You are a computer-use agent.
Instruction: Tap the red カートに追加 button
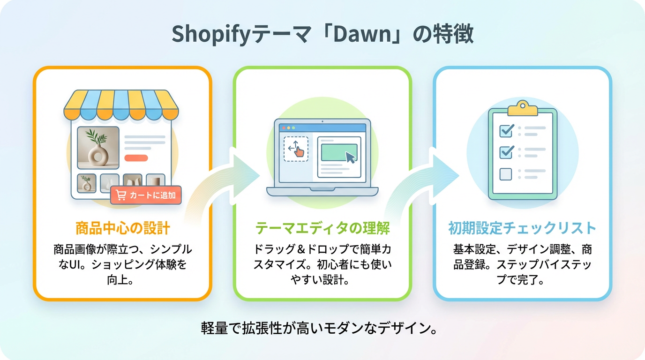tap(146, 195)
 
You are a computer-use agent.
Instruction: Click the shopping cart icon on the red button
tap(121, 195)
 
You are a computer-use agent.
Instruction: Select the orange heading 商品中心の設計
tap(123, 228)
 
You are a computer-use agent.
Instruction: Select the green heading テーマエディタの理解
tap(322, 228)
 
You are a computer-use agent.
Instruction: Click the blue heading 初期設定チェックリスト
tap(522, 228)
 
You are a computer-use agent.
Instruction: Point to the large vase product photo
tap(98, 148)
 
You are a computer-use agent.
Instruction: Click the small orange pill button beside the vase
tap(136, 158)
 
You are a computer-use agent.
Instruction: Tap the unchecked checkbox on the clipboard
tap(506, 174)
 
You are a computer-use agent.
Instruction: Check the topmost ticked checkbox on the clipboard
tap(507, 130)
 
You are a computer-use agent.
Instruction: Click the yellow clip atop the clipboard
tap(523, 108)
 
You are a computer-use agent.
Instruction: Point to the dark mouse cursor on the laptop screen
tap(351, 157)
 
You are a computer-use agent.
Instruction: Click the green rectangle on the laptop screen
tap(339, 152)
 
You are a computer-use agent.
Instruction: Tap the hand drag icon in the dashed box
tap(299, 151)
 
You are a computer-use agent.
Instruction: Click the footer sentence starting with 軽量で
tap(319, 328)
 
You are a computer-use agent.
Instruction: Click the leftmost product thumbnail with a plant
tap(86, 183)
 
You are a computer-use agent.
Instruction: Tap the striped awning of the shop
tap(121, 105)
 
